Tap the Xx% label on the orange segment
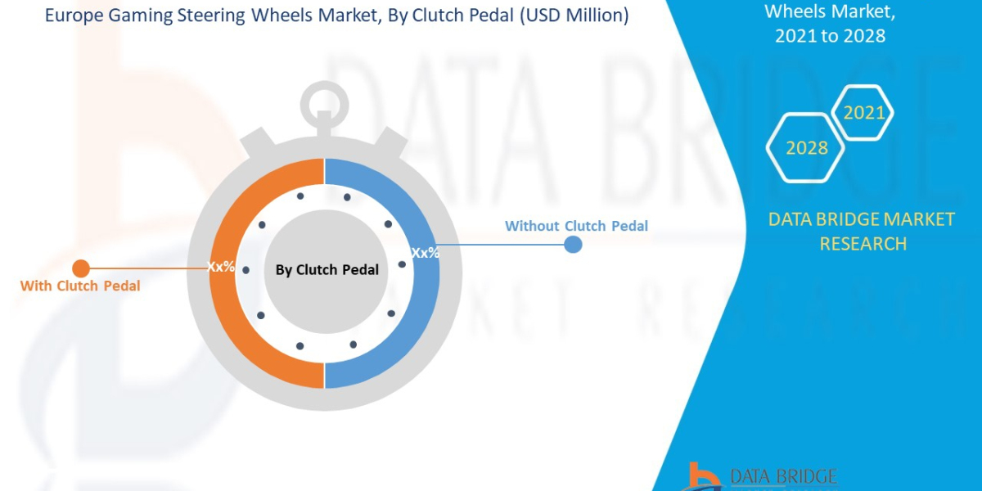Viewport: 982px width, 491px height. tap(222, 266)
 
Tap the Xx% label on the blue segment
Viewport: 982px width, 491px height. tap(425, 253)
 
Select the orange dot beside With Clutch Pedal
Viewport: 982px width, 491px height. tap(81, 268)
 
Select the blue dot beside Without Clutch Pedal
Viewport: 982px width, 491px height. tap(573, 244)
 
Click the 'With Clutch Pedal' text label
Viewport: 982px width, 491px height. tap(80, 286)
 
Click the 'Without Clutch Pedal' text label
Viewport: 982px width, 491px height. tap(576, 226)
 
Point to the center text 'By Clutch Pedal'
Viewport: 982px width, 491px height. tap(327, 269)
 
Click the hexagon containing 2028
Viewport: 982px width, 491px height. tap(807, 148)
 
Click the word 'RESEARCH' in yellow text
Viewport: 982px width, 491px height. tap(863, 243)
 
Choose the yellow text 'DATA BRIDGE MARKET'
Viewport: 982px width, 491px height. tap(862, 219)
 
